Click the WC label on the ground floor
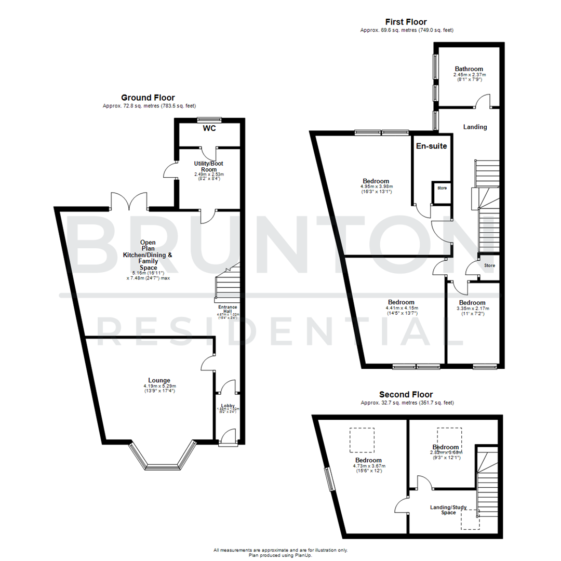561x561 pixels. coord(209,128)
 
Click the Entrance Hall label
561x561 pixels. coord(227,310)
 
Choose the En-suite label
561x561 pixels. coord(431,146)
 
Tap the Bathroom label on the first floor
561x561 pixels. coord(469,69)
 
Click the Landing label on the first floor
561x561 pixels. coord(475,127)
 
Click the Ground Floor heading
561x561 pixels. coord(148,98)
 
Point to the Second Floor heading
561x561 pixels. coord(406,395)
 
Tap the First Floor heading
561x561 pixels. coord(406,22)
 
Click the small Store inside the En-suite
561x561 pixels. coord(442,188)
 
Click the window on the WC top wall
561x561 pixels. coord(209,119)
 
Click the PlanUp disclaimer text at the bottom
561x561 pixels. coord(280,552)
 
